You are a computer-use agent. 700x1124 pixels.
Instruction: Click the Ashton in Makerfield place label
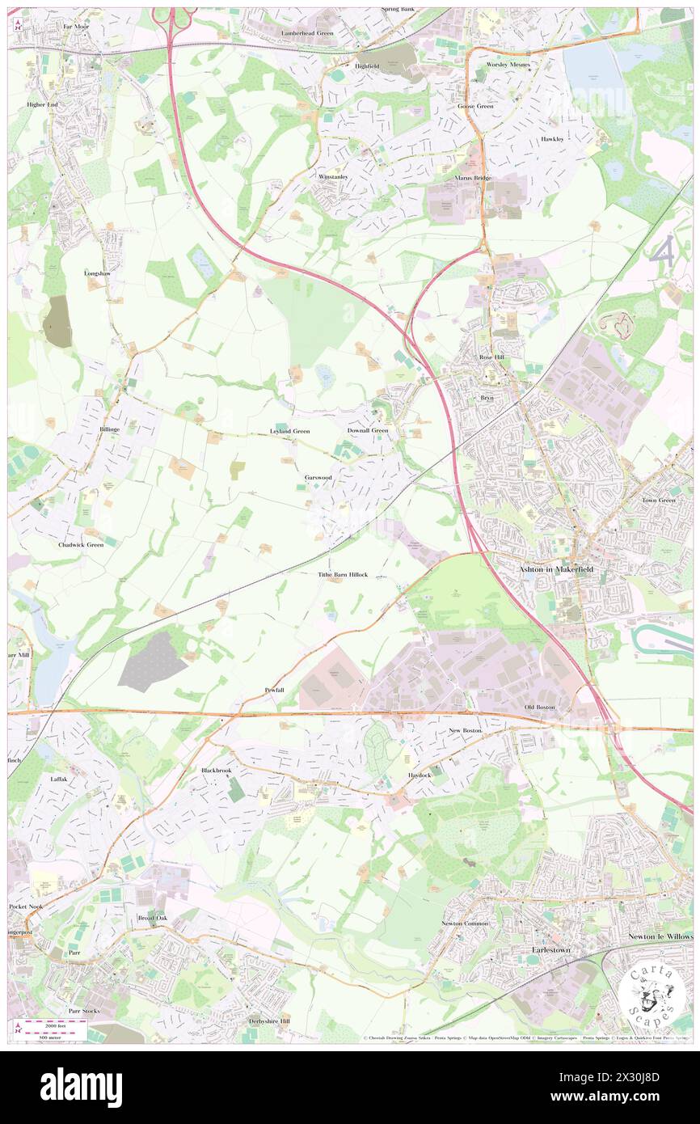[x=557, y=569]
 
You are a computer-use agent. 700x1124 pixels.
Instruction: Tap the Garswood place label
[x=319, y=478]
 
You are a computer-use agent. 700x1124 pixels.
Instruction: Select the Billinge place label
[x=108, y=429]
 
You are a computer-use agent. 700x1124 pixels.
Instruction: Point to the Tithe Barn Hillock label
[x=343, y=574]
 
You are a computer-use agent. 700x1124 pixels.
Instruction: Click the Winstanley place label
[x=332, y=175]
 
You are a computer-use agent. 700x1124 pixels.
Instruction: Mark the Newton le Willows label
[x=660, y=936]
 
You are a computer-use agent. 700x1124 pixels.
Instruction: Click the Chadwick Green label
[x=81, y=545]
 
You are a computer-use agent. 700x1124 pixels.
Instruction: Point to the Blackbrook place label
[x=217, y=771]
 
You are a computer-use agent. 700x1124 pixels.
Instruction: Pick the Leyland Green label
[x=289, y=431]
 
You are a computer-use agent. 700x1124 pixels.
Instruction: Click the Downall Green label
[x=368, y=430]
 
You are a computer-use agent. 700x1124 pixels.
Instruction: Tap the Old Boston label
[x=540, y=708]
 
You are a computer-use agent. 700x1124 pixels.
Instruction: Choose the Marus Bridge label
[x=473, y=178]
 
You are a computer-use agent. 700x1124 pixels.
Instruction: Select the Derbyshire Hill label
[x=269, y=1021]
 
